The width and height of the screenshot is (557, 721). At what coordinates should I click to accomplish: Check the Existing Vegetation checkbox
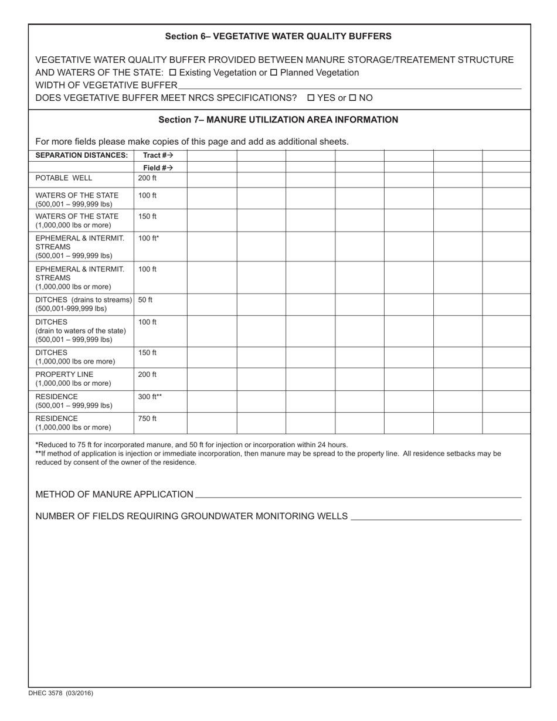click(172, 73)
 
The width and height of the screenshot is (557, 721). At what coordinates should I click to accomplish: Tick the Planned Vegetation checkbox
click(273, 73)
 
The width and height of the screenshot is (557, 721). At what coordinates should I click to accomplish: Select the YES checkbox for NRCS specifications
click(311, 98)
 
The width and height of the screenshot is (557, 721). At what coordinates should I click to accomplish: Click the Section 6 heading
click(278, 36)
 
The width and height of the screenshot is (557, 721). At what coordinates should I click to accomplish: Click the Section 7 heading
click(278, 120)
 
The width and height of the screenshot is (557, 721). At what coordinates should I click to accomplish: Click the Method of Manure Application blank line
click(358, 495)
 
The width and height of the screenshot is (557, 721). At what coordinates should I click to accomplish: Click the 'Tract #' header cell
click(158, 155)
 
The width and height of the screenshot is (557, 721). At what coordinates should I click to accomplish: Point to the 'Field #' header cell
click(158, 168)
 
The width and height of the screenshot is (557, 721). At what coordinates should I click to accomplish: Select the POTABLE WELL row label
click(63, 178)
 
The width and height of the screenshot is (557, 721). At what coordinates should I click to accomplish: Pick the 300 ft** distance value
click(150, 397)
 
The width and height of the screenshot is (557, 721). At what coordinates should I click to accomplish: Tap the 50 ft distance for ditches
click(145, 300)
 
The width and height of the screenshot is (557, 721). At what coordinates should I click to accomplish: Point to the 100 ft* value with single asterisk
click(148, 238)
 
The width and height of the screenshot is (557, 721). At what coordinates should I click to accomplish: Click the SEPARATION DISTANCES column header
click(81, 155)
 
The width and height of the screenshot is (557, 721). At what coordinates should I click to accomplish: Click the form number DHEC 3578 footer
click(60, 693)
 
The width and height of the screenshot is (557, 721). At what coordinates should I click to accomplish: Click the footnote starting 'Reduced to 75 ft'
click(192, 445)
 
